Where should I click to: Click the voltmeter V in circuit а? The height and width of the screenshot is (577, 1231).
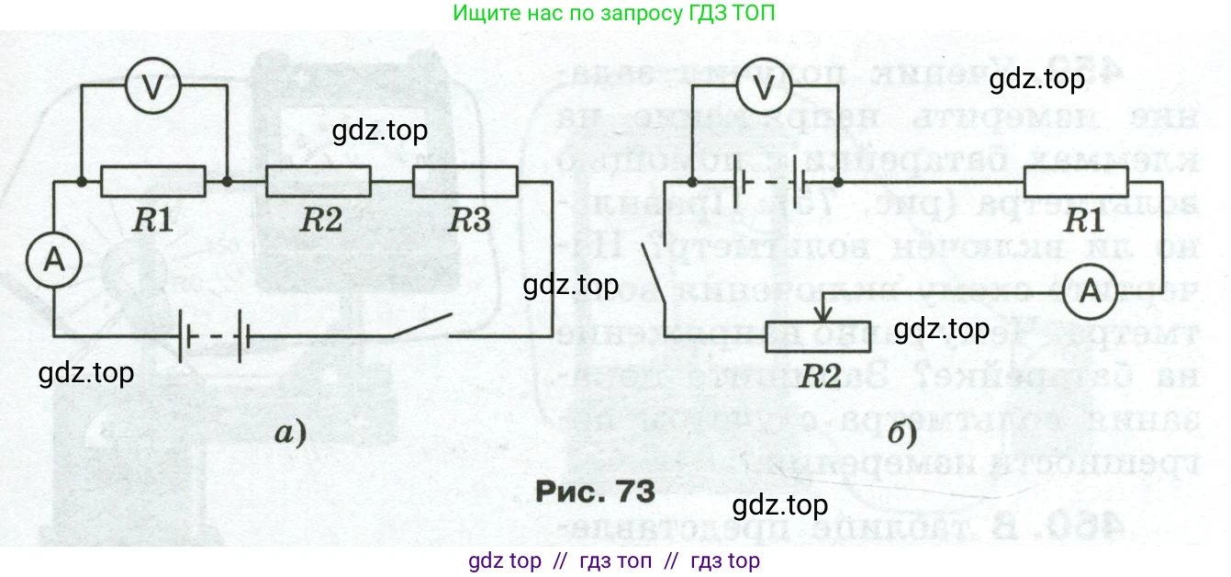tap(153, 85)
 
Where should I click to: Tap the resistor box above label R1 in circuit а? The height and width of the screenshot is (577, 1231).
tap(152, 182)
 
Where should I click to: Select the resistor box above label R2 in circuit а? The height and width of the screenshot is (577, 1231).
tap(318, 182)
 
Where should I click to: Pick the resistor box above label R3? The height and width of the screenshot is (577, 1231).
tap(466, 182)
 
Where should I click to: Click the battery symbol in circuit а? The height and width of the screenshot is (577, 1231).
tap(215, 336)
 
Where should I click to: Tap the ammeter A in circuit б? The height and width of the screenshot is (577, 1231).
tap(1089, 289)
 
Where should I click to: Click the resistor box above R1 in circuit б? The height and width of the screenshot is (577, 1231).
tap(1079, 182)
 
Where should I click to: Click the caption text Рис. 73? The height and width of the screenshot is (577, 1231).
tap(595, 489)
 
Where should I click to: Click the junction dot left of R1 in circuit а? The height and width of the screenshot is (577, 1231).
tap(82, 182)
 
